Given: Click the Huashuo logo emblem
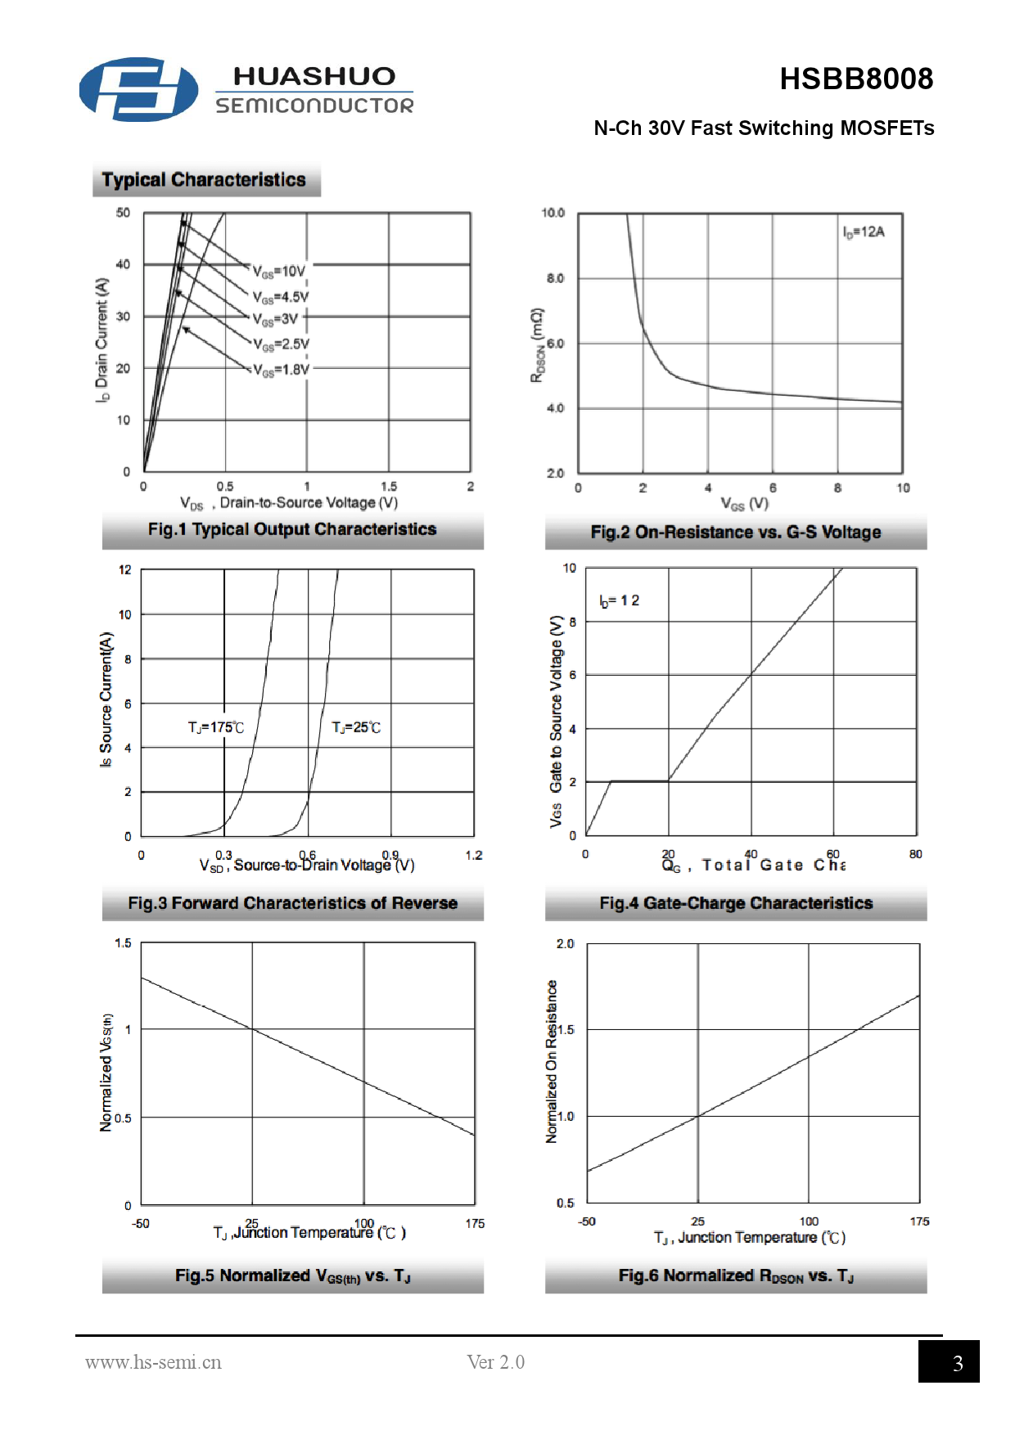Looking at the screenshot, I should pyautogui.click(x=138, y=89).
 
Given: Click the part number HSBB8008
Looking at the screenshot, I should pyautogui.click(x=855, y=79).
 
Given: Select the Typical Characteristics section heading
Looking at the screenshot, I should pyautogui.click(x=204, y=180).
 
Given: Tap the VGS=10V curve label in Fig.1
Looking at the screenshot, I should pyautogui.click(x=279, y=272).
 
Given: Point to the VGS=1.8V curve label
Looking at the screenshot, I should pyautogui.click(x=281, y=370).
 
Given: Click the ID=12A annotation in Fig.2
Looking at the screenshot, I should pyautogui.click(x=864, y=232).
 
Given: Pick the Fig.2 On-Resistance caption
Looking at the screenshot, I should pyautogui.click(x=735, y=533).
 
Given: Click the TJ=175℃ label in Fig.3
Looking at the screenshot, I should pyautogui.click(x=215, y=727).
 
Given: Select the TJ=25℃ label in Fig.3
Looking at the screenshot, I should pyautogui.click(x=356, y=727).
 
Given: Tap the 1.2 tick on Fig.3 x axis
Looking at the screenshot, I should pyautogui.click(x=474, y=856).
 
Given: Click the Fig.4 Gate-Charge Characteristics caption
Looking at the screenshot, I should pyautogui.click(x=735, y=903).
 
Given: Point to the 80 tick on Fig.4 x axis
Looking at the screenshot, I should pyautogui.click(x=915, y=854).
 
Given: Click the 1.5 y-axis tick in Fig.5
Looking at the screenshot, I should pyautogui.click(x=123, y=943).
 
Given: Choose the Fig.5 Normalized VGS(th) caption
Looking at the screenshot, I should pyautogui.click(x=292, y=1276).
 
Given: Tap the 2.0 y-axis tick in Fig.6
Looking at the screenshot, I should pyautogui.click(x=565, y=944).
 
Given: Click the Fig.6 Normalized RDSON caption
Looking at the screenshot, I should pyautogui.click(x=735, y=1276).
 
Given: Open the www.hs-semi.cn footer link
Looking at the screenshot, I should pyautogui.click(x=153, y=1362).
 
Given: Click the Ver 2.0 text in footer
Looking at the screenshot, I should pyautogui.click(x=495, y=1362).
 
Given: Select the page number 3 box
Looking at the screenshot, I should pyautogui.click(x=949, y=1362).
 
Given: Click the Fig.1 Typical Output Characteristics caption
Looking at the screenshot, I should pyautogui.click(x=292, y=529).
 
